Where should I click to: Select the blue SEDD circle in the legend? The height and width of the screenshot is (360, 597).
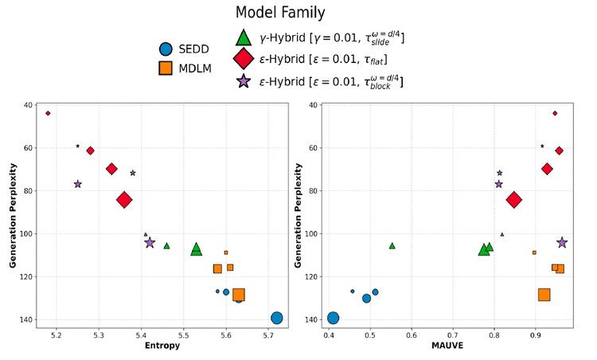tap(166, 49)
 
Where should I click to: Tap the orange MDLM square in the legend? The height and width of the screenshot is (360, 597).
tap(166, 68)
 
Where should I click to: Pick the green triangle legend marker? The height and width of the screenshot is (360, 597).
tap(244, 37)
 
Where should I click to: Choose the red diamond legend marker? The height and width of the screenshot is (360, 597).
tap(244, 58)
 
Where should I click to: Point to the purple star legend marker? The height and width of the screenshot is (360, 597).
tap(244, 80)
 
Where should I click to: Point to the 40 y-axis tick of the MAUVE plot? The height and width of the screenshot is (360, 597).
tap(313, 105)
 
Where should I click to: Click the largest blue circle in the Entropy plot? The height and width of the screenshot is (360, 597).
tap(276, 318)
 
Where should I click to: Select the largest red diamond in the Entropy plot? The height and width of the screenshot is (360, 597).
tap(124, 200)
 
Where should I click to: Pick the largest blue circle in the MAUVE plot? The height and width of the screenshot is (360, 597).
tap(333, 318)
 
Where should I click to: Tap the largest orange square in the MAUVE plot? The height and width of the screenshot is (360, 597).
tap(544, 295)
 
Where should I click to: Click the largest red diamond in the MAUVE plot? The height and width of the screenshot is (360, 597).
tap(514, 200)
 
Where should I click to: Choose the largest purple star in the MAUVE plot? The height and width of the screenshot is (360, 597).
tap(562, 242)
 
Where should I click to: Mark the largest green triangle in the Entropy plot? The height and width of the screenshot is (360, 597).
tap(197, 249)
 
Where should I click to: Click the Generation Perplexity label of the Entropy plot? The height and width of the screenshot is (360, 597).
tap(13, 215)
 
